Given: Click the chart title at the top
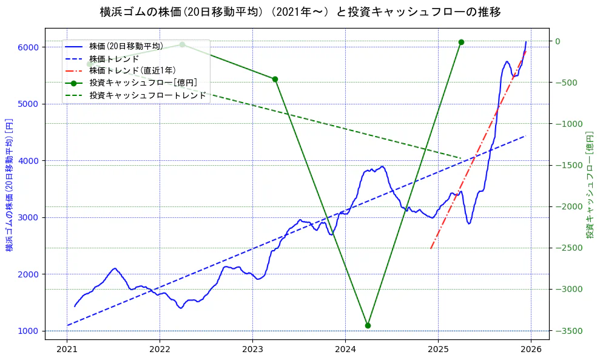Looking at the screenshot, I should pyautogui.click(x=300, y=12).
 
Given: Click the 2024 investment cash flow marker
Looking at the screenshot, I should pyautogui.click(x=368, y=325).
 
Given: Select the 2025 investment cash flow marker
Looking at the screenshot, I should pyautogui.click(x=461, y=42).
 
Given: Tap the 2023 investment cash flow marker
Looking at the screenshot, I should pyautogui.click(x=275, y=79).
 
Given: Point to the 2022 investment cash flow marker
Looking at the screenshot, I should pyautogui.click(x=182, y=44).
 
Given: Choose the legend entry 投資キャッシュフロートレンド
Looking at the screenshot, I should pyautogui.click(x=147, y=95).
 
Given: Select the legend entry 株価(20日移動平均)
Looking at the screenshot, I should pyautogui.click(x=126, y=46).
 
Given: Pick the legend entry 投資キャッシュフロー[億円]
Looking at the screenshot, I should pyautogui.click(x=143, y=83).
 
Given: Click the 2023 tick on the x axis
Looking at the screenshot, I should pyautogui.click(x=252, y=349).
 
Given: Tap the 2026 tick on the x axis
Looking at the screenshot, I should pyautogui.click(x=531, y=349).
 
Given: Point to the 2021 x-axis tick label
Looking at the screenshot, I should pyautogui.click(x=67, y=349).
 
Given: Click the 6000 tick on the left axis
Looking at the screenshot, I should pyautogui.click(x=30, y=47).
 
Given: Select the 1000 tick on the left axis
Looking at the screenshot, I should pyautogui.click(x=30, y=331).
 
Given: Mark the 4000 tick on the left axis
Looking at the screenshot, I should pyautogui.click(x=30, y=161).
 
